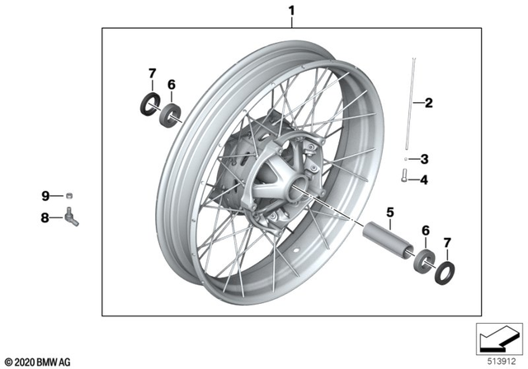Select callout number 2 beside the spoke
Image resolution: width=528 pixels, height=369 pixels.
coord(427,103)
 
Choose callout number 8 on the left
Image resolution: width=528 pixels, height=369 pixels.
coord(46,218)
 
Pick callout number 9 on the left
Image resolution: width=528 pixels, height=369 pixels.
coord(46,195)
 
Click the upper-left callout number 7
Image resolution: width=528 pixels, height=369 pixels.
coord(151,75)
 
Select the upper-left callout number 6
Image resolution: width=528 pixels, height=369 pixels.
coord(172,84)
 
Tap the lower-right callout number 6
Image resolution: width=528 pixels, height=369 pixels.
coord(425,231)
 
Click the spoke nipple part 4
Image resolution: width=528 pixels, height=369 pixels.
coord(403,178)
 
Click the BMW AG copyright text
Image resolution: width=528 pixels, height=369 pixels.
coord(39,361)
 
